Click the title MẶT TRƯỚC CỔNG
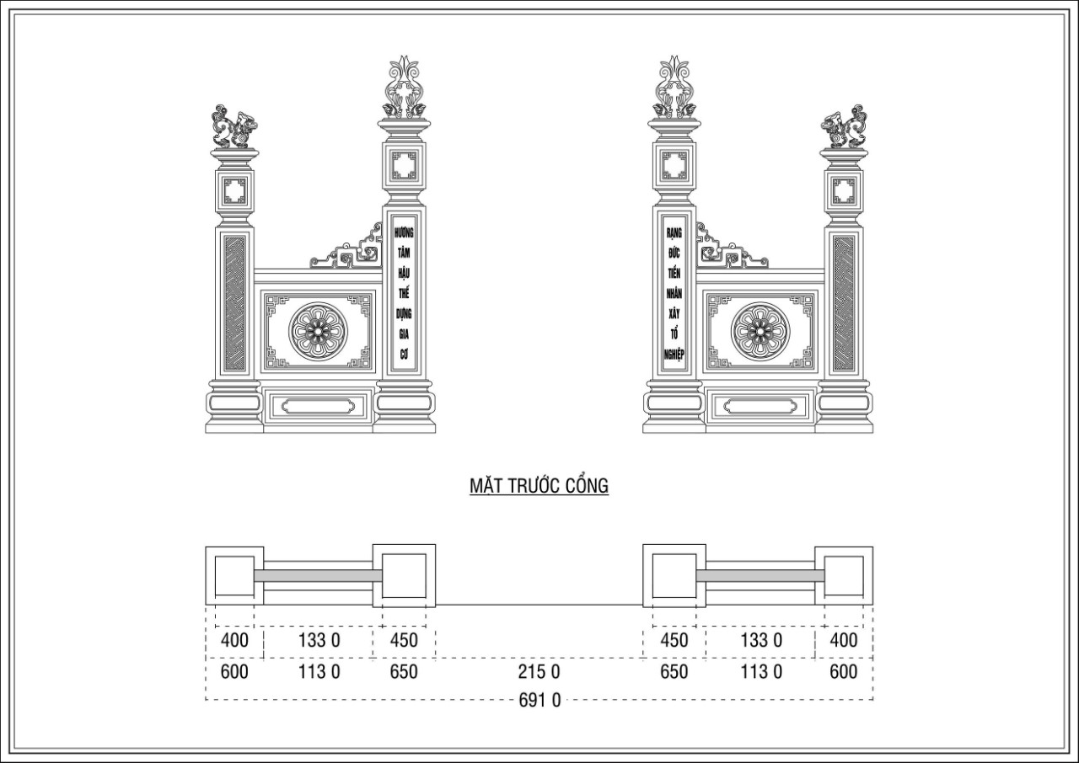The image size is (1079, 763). point(539,485)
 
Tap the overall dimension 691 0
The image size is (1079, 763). point(539,700)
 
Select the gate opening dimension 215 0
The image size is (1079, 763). point(539,671)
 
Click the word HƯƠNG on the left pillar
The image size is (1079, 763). point(404,232)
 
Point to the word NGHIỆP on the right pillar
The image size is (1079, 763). point(674,355)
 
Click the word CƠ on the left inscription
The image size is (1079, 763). point(404,355)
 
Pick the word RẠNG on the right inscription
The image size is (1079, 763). point(674,232)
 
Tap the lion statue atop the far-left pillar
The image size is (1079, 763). point(234,126)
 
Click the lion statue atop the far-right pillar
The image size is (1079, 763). point(844,126)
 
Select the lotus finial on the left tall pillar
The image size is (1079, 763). point(404,87)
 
